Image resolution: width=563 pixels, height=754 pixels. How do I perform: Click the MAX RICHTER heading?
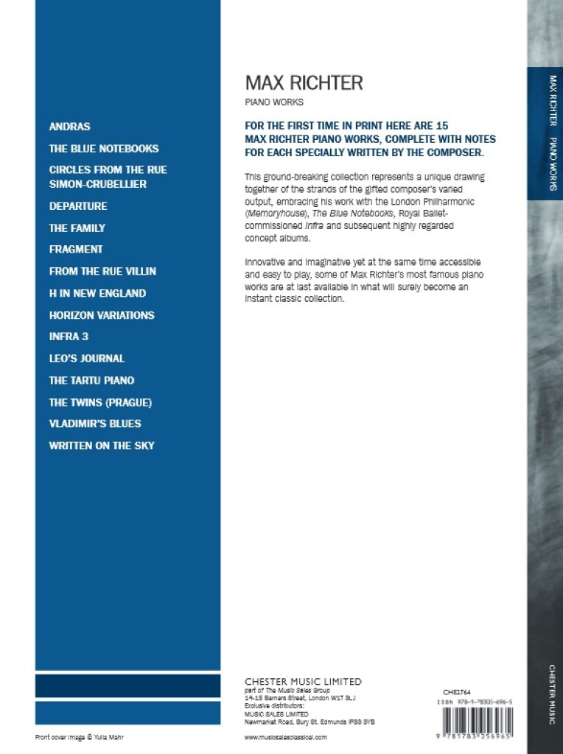(304, 82)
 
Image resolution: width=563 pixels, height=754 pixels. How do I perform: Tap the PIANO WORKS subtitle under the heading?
(273, 102)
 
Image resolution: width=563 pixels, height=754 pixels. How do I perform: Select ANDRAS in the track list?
(69, 127)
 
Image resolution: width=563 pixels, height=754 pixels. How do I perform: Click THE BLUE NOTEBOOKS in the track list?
(104, 148)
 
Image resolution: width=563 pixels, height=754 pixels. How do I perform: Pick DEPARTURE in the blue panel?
(78, 206)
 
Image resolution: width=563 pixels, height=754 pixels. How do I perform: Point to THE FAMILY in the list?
(77, 228)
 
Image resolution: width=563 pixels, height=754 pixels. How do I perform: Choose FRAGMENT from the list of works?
(76, 250)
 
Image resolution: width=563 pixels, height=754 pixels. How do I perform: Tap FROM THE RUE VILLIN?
(102, 271)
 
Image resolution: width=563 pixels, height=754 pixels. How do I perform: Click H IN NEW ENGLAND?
(97, 293)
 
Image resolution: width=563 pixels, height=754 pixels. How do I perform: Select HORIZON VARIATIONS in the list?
(102, 315)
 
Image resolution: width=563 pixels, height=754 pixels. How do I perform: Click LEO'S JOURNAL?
(87, 359)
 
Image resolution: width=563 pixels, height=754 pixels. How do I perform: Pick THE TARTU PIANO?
(91, 380)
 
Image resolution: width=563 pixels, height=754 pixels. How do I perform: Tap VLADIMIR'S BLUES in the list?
(95, 423)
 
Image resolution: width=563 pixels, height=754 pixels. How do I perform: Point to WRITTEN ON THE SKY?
(102, 445)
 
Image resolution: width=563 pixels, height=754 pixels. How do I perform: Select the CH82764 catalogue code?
(457, 692)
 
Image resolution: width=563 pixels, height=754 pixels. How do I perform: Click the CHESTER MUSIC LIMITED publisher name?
(303, 682)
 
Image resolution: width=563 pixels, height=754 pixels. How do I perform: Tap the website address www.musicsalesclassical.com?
(285, 736)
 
